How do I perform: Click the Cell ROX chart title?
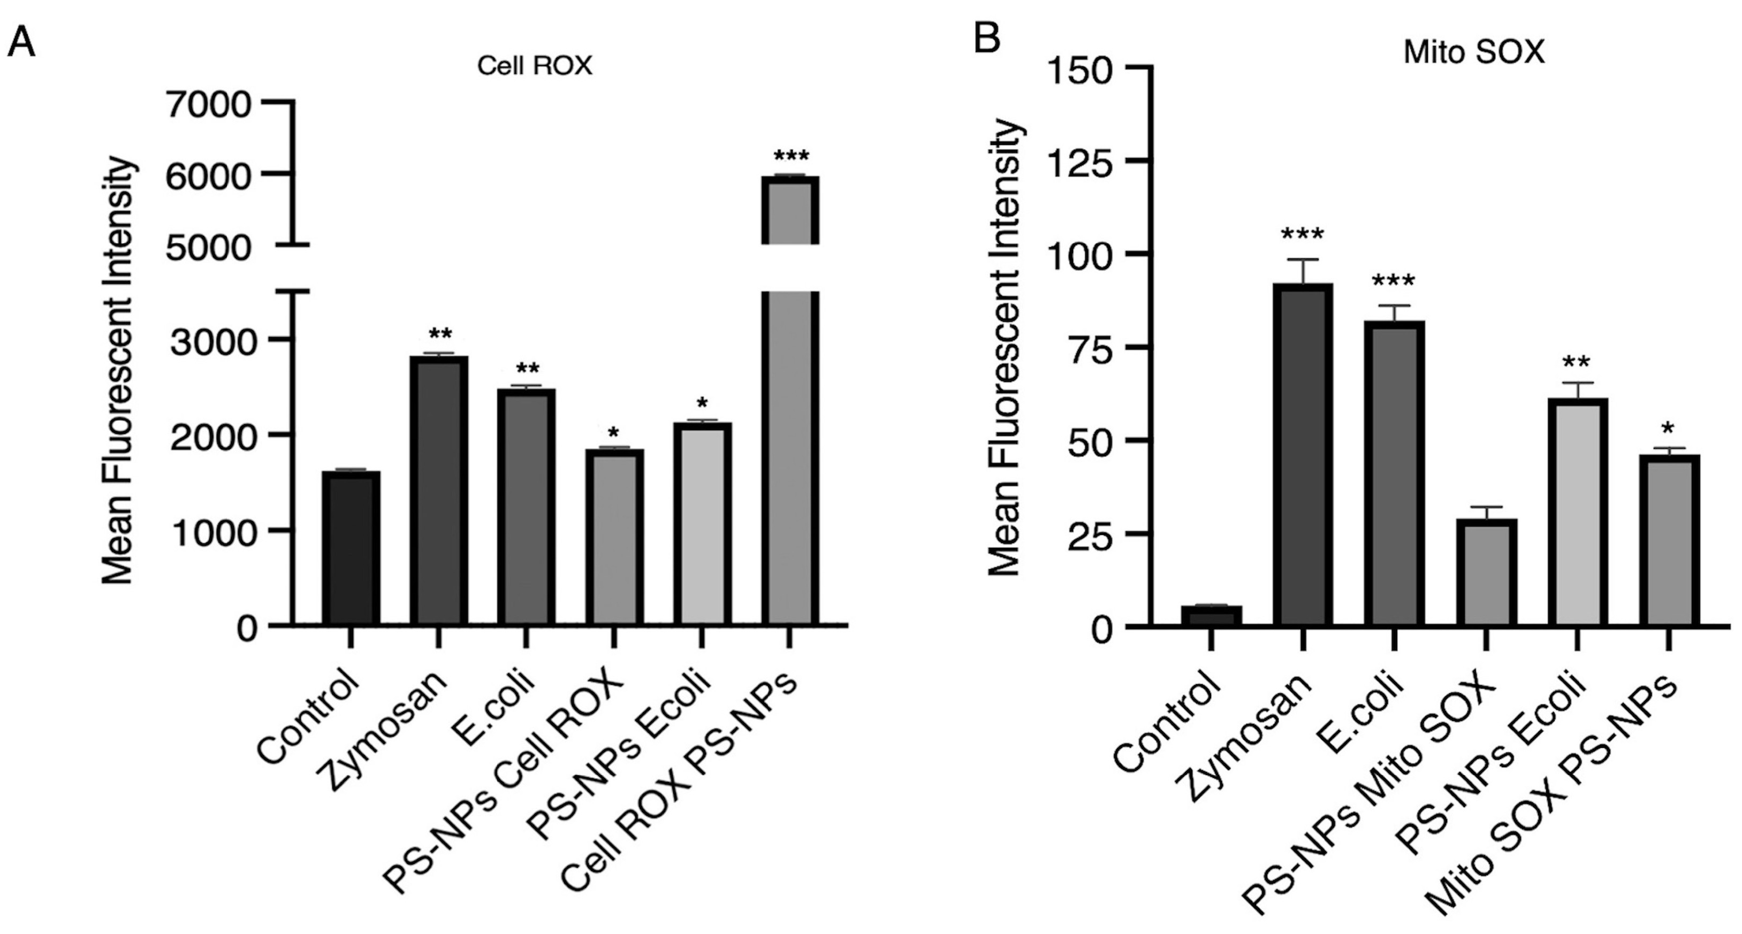[x=534, y=66]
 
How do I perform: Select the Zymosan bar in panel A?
[x=438, y=490]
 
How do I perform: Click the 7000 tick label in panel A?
[x=209, y=105]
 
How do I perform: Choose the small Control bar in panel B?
[x=1211, y=616]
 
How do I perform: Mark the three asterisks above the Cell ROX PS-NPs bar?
[x=790, y=156]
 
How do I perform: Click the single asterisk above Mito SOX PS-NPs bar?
[x=1668, y=428]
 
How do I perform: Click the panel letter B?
[x=987, y=39]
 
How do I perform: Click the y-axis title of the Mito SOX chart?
[x=1004, y=348]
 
